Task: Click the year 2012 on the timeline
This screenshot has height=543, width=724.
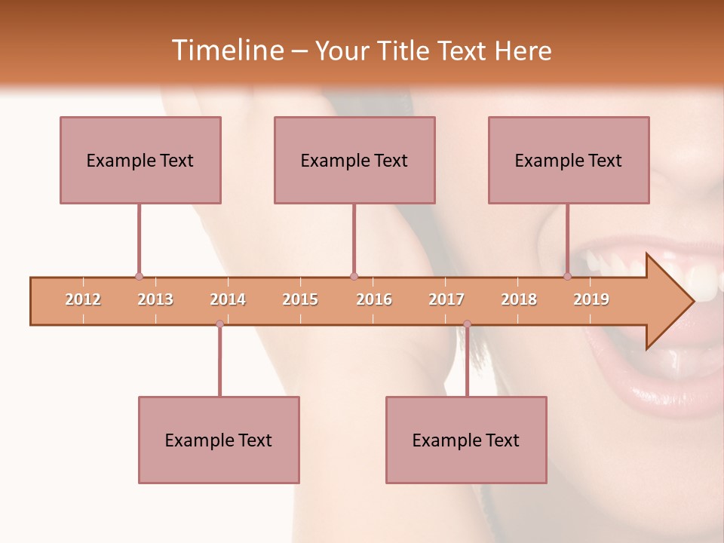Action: click(83, 300)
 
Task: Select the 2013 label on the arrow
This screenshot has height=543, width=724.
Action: click(155, 300)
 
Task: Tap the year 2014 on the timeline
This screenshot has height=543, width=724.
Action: click(228, 300)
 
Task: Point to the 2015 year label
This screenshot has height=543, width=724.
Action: click(300, 300)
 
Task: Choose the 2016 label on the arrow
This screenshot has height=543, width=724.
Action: click(374, 300)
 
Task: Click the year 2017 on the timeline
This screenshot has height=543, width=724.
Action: click(446, 300)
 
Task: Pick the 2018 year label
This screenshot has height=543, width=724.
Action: click(519, 300)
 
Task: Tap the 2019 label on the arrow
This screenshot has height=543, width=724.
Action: click(591, 300)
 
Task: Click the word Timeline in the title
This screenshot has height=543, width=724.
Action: click(226, 51)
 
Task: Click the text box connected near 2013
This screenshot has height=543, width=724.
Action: click(140, 160)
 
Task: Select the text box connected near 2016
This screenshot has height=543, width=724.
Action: click(354, 160)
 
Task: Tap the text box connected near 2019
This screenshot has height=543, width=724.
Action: click(569, 160)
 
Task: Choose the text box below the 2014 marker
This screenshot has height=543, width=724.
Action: click(219, 440)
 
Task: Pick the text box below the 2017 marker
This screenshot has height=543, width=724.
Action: click(466, 440)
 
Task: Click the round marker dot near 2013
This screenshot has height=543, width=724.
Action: click(139, 277)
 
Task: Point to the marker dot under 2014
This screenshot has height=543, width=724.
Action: click(219, 324)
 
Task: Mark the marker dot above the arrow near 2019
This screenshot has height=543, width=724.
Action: click(567, 277)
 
